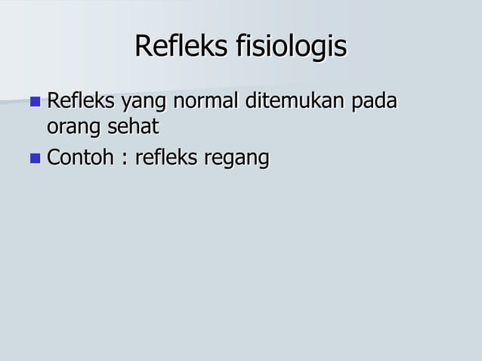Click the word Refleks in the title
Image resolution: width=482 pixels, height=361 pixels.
(x=181, y=47)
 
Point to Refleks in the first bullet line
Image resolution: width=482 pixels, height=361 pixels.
(x=77, y=100)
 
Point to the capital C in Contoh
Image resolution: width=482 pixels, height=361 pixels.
(x=53, y=159)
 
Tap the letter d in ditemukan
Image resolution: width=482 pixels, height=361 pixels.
(x=249, y=100)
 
